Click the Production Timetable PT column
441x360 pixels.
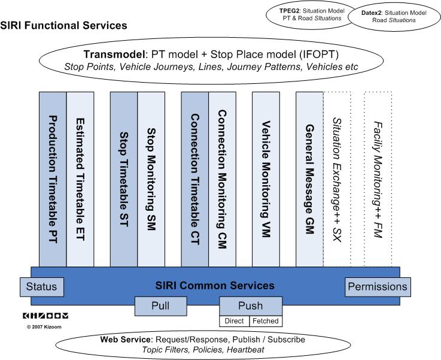[53, 179]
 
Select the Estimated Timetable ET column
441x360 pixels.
[80, 179]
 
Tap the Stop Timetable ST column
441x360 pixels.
[124, 179]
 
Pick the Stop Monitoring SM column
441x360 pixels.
[151, 179]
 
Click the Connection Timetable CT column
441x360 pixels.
[194, 179]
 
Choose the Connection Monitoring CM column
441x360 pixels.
[222, 179]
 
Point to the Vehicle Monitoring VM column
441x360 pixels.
[266, 179]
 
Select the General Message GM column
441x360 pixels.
[309, 179]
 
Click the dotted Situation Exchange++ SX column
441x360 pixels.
[337, 179]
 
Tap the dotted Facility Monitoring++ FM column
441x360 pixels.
[378, 179]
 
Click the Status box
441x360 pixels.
[41, 287]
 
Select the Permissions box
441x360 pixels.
[377, 287]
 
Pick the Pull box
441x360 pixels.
[160, 306]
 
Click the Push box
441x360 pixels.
[250, 305]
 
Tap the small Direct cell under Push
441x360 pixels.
[234, 321]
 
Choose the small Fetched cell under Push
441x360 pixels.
[264, 321]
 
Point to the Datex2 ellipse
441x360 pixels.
[393, 16]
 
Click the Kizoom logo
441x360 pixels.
[45, 316]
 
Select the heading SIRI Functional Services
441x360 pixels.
[64, 26]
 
